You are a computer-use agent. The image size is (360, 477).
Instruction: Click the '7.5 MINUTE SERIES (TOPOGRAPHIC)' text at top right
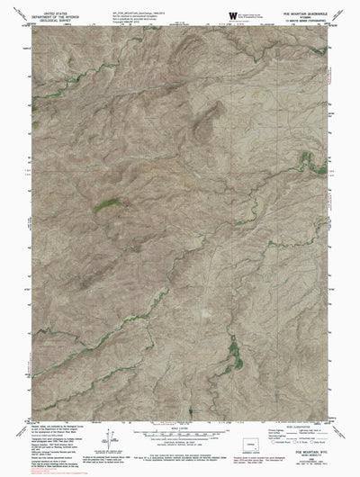click(x=309, y=21)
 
